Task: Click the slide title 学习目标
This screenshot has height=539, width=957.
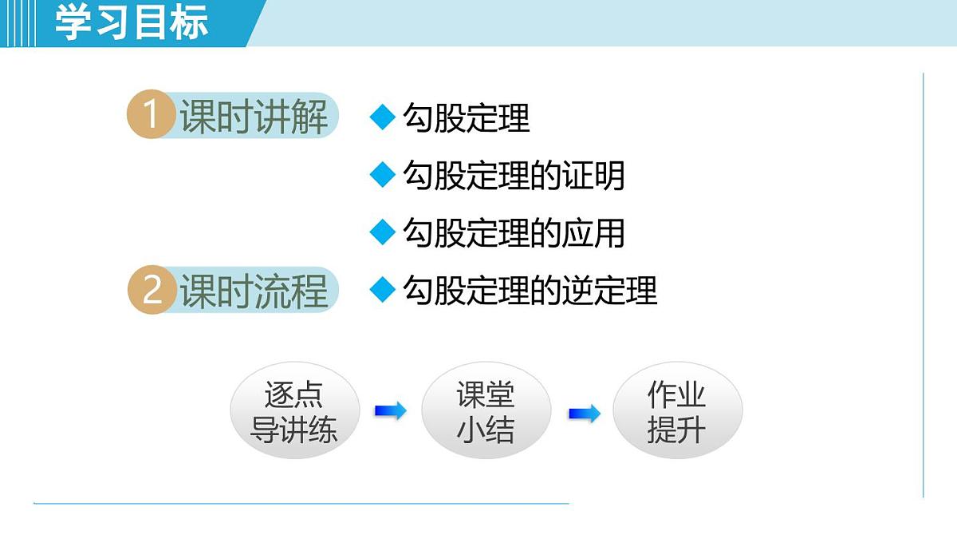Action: coord(132,22)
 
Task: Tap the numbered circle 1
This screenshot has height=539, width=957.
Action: coord(150,116)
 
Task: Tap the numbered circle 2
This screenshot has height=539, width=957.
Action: coord(151,290)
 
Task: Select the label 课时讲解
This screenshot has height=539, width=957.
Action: coord(254,117)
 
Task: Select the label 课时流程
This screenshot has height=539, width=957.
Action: coord(254,291)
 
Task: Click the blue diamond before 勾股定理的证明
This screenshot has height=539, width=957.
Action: coord(383,175)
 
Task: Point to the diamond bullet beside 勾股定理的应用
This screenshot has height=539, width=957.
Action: coord(383,232)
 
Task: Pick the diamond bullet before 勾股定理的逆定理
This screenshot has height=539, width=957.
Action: coord(383,289)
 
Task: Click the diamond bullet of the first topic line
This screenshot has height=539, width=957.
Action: coord(383,118)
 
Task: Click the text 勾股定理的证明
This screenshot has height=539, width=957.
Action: coord(514,176)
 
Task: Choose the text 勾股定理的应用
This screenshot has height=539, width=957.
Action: coord(514,233)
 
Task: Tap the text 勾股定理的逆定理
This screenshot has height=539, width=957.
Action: coord(530,290)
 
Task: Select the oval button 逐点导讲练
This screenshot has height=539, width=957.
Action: coord(294,412)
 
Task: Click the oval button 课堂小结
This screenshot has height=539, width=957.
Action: coord(486,412)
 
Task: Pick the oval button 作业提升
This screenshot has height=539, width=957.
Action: coord(676,412)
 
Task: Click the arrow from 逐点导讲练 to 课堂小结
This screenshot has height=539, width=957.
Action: coord(390,411)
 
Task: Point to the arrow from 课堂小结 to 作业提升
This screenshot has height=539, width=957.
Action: coord(584,414)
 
